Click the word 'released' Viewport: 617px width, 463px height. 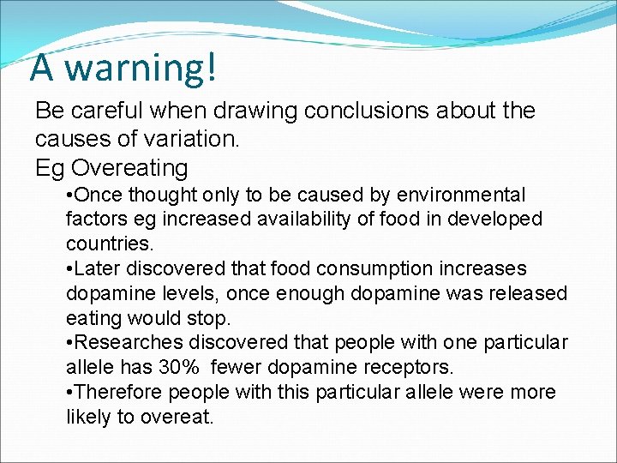coord(528,294)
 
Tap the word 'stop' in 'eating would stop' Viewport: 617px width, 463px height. coord(211,318)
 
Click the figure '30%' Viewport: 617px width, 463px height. coord(180,368)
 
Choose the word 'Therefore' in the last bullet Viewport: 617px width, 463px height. coord(118,393)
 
